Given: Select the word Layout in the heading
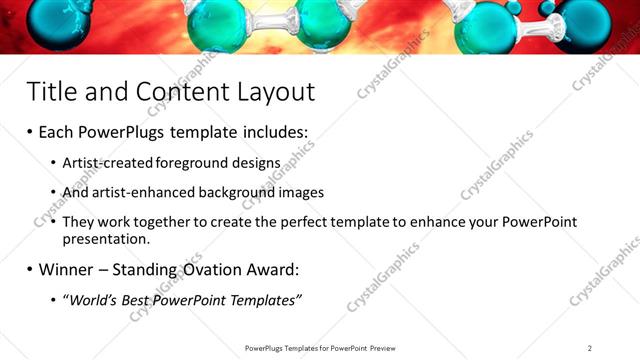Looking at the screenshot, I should click(271, 92).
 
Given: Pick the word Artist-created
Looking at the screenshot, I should click(105, 162).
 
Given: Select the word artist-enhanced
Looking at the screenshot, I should click(141, 191).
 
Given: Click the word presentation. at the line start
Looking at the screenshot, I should click(105, 240).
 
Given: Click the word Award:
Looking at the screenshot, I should click(273, 270).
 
